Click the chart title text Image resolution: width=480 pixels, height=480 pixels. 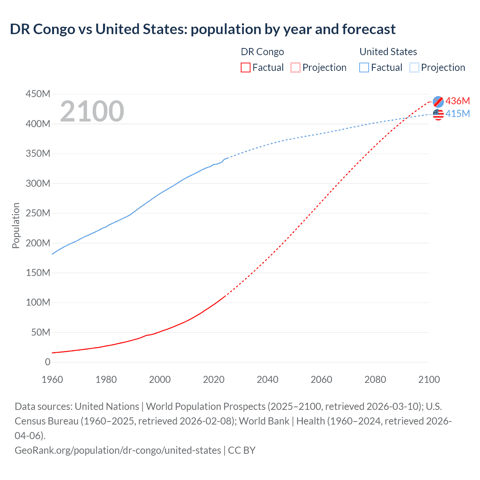point(202,29)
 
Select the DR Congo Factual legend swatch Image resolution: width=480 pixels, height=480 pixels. point(245,67)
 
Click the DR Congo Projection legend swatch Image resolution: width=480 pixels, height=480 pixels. point(295,67)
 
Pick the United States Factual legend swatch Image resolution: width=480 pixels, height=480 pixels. point(364,67)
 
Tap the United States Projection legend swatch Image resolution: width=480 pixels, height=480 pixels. point(414,67)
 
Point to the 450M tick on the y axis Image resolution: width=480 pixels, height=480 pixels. point(38,94)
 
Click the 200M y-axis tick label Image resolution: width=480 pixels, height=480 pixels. point(38,243)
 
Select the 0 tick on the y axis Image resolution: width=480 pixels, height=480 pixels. point(48,362)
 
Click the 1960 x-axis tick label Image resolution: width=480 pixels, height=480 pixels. point(52,379)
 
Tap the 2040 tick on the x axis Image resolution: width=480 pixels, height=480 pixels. point(267,379)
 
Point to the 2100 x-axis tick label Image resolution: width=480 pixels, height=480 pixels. point(429,379)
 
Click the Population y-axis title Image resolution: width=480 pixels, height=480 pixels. point(16,225)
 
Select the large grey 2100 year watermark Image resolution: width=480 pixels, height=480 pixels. point(92,111)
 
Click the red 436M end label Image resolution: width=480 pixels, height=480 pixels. point(457,101)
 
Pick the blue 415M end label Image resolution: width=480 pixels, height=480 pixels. point(457,114)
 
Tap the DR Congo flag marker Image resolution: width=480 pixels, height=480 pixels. point(438,102)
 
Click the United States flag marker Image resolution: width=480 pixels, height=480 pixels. point(438,114)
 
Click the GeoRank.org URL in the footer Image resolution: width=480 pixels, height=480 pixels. point(118,450)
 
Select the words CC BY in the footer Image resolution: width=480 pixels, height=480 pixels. point(242,450)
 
